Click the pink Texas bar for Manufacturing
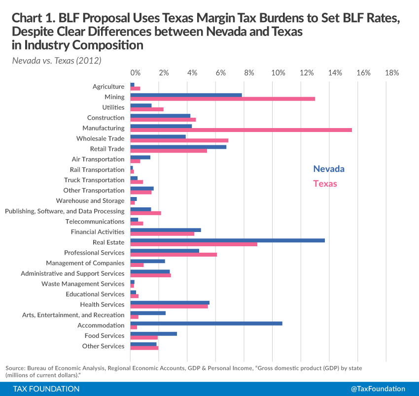click(241, 130)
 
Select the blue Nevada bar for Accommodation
click(206, 323)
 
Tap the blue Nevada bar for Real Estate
click(227, 240)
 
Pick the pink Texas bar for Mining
click(222, 99)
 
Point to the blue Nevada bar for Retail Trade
click(178, 147)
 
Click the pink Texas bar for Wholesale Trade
click(179, 140)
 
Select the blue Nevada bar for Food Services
click(153, 333)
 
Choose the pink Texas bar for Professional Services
click(174, 255)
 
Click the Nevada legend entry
click(329, 169)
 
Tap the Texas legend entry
click(325, 184)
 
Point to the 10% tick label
click(279, 73)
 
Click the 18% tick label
click(392, 73)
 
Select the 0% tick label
click(136, 73)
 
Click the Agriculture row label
click(108, 87)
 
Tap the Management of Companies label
click(85, 263)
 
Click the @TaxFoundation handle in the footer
click(378, 389)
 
